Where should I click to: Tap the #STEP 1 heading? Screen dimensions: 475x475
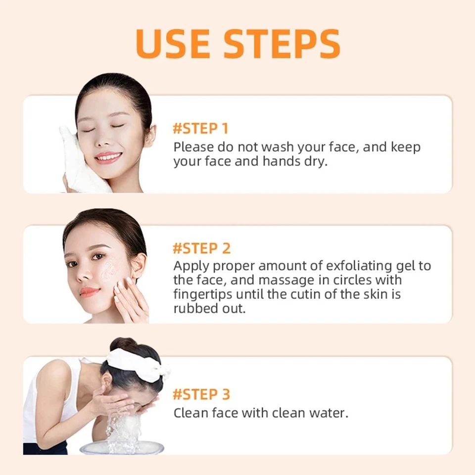coord(200,129)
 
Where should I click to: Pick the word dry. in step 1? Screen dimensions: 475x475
coord(315,162)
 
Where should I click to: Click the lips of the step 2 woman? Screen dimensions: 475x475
coord(90,292)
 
